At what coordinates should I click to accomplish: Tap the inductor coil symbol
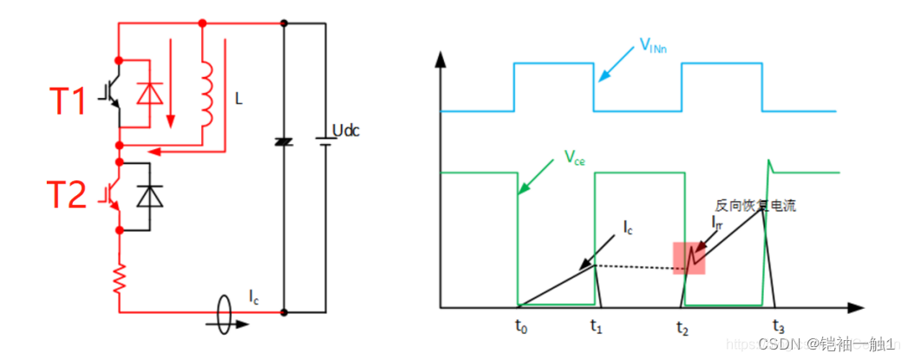207,93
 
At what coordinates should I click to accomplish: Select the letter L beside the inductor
238,100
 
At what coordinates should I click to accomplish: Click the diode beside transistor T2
153,197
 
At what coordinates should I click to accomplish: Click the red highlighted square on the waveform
689,259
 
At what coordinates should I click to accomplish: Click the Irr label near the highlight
716,222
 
